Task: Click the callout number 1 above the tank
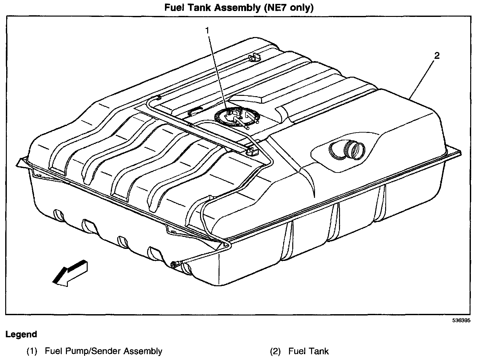pos(207,31)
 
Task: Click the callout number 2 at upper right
pos(437,56)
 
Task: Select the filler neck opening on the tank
pos(354,150)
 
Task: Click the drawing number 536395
pos(461,320)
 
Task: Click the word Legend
pos(21,334)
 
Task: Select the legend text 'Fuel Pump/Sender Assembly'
pos(103,351)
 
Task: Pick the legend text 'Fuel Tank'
pos(308,351)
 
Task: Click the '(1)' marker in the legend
pos(32,351)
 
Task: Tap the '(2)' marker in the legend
pos(276,351)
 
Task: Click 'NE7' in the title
pos(275,7)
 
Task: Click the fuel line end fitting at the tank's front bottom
pos(175,264)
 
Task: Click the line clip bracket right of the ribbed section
pos(252,151)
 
